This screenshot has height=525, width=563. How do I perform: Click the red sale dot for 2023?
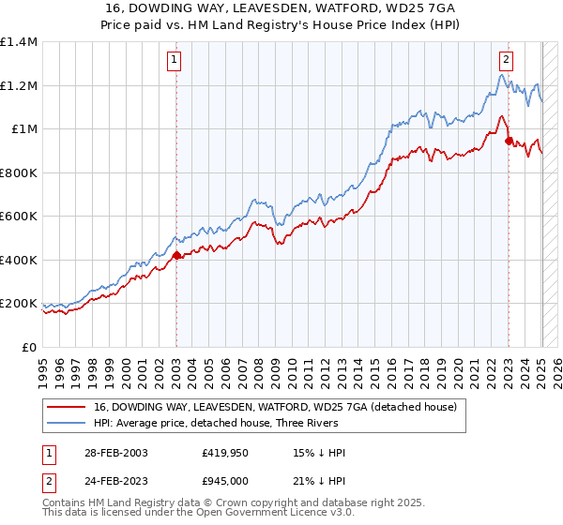[509, 142]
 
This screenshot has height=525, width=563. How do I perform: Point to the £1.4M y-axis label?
[19, 42]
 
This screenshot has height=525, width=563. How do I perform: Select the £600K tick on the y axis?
[19, 217]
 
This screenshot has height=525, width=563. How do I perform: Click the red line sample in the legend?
[68, 408]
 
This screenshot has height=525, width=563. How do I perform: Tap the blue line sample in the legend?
[68, 423]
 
